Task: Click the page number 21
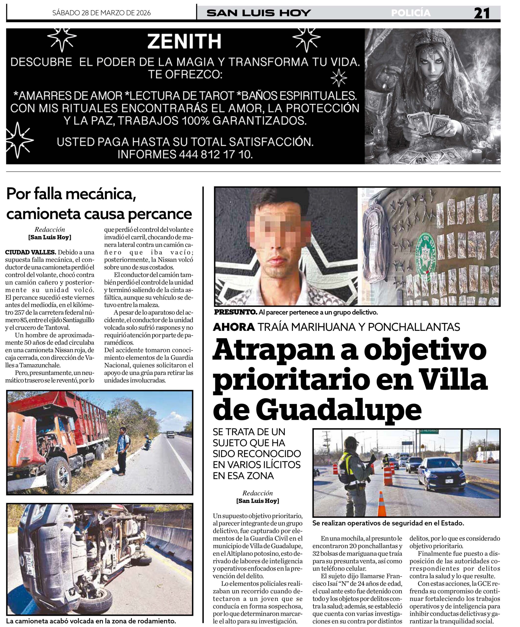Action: pos(482,13)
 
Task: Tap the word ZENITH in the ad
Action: pos(184,41)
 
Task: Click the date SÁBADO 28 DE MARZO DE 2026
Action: pos(102,13)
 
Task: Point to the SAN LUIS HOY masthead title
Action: pos(259,13)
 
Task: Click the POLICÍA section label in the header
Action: pos(411,13)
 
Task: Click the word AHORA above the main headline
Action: pos(234,327)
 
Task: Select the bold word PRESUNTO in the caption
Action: pos(235,313)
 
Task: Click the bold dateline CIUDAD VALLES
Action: pos(30,252)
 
